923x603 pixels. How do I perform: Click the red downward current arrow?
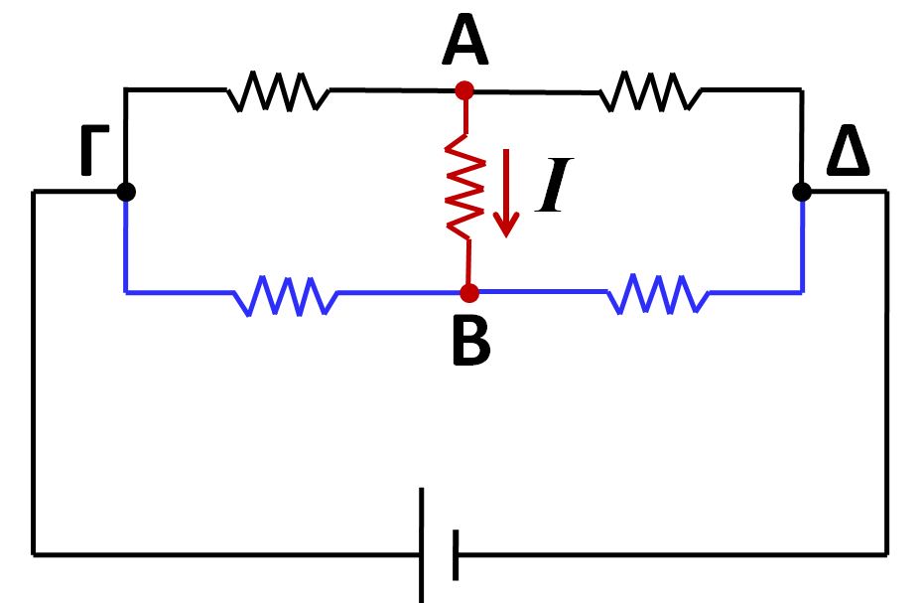[x=507, y=193]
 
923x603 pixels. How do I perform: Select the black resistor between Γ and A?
[x=278, y=92]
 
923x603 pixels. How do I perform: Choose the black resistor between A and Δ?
[x=651, y=92]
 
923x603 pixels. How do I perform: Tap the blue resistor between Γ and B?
[x=286, y=295]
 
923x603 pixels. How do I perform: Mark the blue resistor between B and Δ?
[x=657, y=294]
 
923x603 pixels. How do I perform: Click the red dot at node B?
[x=469, y=293]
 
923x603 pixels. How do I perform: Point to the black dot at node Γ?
[x=125, y=192]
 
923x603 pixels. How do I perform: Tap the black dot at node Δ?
[x=803, y=192]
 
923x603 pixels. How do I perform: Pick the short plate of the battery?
[x=456, y=553]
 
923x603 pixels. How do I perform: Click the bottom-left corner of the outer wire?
[x=34, y=552]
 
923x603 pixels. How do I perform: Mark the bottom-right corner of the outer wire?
[x=886, y=552]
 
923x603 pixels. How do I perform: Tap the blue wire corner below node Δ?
[x=802, y=292]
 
